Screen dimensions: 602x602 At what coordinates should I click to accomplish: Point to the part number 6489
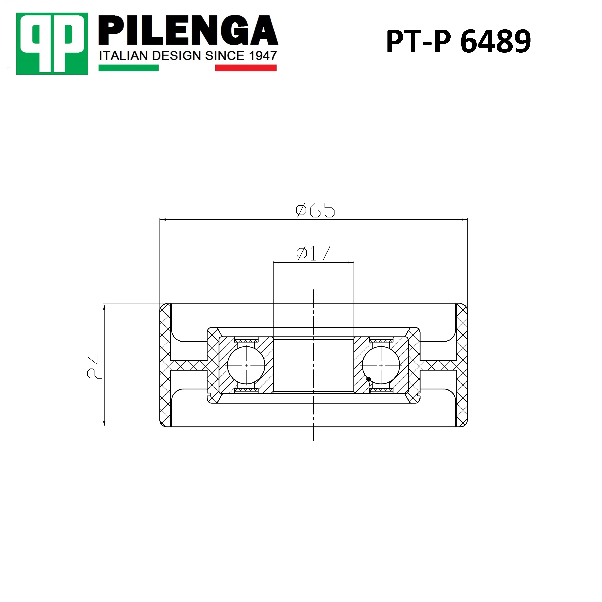[x=495, y=41]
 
